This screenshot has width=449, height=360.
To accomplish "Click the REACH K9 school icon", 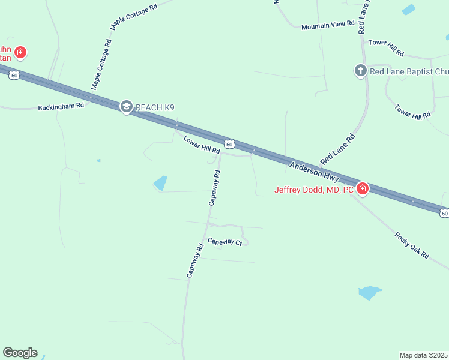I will click(126, 107).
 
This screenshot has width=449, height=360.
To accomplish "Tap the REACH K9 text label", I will click(155, 108).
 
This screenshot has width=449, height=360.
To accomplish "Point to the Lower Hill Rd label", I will click(202, 146).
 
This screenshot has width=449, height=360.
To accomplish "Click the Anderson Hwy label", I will click(314, 172).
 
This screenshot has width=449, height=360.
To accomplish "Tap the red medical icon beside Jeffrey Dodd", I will click(363, 190).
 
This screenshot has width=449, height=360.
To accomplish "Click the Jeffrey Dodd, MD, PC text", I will click(314, 190).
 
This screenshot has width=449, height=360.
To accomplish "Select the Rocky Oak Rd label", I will click(412, 245).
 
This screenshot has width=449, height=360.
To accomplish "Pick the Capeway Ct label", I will click(224, 242).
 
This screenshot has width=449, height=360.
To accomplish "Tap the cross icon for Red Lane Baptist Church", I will click(360, 71).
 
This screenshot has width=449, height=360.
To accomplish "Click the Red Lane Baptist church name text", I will click(409, 71).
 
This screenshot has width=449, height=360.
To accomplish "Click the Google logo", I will click(20, 353).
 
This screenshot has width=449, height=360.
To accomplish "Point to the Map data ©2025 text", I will click(423, 355).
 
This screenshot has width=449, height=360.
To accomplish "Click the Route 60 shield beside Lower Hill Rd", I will click(229, 144).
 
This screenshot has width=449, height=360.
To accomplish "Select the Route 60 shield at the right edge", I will click(444, 213).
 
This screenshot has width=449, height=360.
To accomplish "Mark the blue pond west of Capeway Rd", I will click(160, 183).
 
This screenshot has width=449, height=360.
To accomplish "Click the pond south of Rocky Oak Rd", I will click(369, 293).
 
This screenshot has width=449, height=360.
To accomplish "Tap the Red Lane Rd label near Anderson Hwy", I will click(338, 149).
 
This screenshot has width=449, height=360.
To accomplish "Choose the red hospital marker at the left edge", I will click(20, 53).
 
